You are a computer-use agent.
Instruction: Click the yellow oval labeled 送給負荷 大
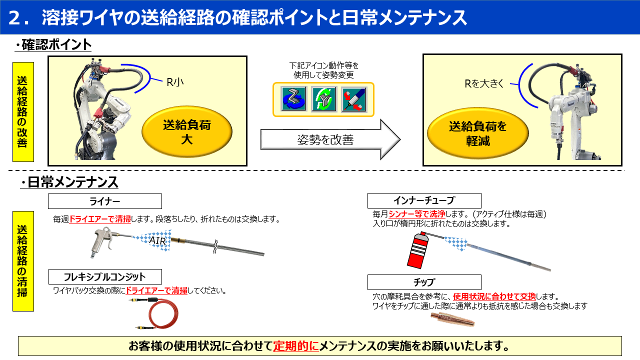(187, 131)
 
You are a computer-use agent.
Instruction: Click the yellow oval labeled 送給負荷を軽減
(477, 133)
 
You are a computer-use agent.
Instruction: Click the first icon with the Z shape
(293, 99)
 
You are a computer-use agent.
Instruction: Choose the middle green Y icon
(323, 99)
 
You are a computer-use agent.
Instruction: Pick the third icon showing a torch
(354, 99)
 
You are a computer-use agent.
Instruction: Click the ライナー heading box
(105, 201)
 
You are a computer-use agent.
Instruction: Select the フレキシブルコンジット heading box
(105, 276)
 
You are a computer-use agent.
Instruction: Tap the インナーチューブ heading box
(424, 201)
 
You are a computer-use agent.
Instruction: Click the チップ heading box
(424, 282)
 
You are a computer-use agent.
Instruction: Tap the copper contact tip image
(453, 319)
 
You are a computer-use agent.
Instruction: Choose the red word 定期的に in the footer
(295, 346)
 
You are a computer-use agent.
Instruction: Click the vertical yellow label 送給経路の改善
(23, 111)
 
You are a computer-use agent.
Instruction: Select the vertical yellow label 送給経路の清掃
(23, 260)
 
